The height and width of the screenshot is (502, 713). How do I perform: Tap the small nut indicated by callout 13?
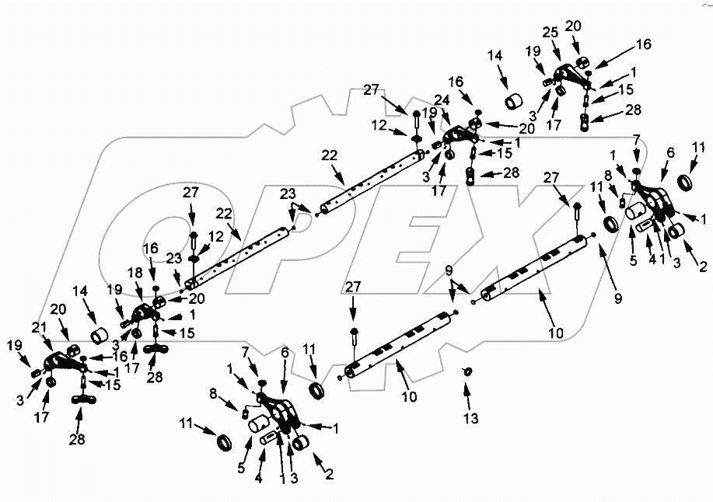click(468, 371)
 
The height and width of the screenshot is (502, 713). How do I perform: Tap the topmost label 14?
click(495, 55)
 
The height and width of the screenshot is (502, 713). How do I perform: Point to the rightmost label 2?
click(703, 267)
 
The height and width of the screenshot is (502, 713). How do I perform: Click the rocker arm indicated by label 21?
click(62, 361)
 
